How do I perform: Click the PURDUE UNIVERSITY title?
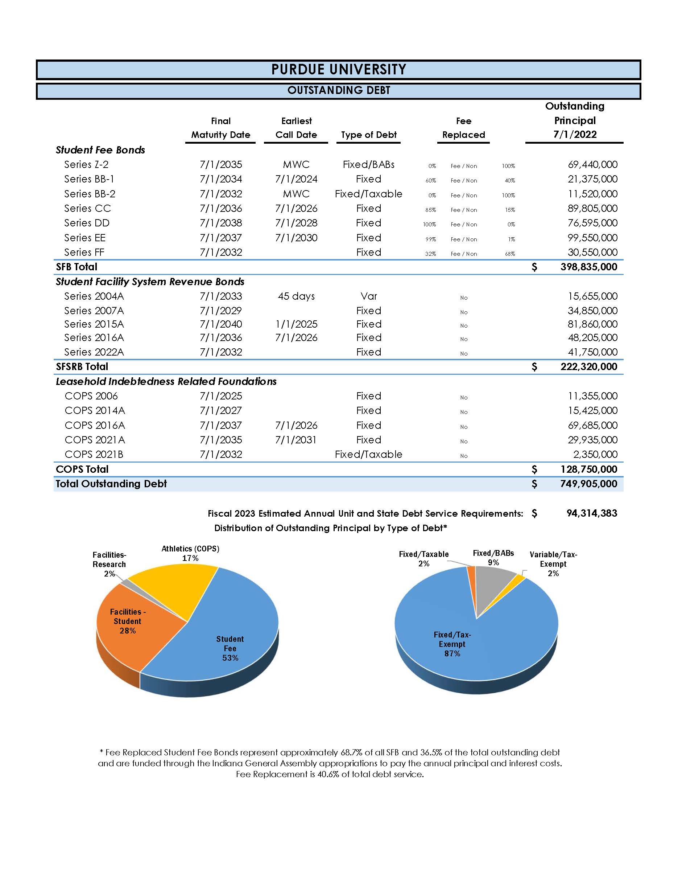tap(339, 70)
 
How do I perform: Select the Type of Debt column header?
tap(368, 135)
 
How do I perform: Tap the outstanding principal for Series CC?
tap(592, 208)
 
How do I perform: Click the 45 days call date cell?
tap(296, 296)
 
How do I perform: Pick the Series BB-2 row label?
tap(90, 194)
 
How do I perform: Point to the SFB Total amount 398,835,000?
tap(588, 267)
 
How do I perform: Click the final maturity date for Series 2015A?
tap(220, 324)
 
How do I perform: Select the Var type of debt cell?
tap(368, 296)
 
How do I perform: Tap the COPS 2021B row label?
tap(94, 454)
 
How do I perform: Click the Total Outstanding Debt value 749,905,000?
tap(588, 484)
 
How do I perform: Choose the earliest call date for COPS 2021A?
tap(295, 440)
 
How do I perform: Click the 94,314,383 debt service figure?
tap(591, 513)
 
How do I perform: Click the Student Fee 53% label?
tap(230, 648)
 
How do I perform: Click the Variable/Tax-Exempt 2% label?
tap(553, 563)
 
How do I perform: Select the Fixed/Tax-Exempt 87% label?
tap(452, 644)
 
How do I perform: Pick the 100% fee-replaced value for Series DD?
tap(429, 225)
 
